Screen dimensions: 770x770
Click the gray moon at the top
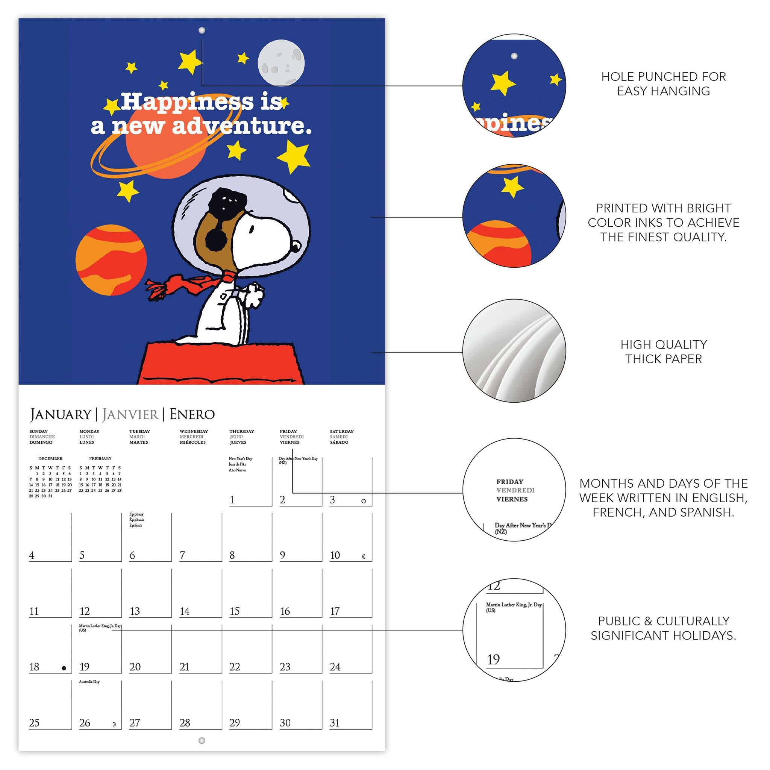click(x=281, y=62)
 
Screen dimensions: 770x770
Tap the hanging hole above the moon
click(x=202, y=30)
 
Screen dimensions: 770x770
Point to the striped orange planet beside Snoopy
click(x=111, y=260)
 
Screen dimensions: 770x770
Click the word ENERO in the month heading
click(x=192, y=414)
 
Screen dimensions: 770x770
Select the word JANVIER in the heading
click(x=130, y=414)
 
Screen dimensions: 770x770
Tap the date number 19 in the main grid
click(x=85, y=667)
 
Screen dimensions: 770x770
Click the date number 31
click(x=335, y=723)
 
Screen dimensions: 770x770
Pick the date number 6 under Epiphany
click(x=132, y=555)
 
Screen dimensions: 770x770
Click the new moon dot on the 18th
click(x=64, y=668)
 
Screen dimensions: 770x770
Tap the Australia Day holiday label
click(x=89, y=682)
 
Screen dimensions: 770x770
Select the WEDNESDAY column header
click(x=194, y=431)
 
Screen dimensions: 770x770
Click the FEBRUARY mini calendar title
click(x=100, y=459)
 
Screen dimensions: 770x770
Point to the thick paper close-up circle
click(x=514, y=351)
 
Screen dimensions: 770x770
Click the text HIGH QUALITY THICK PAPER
click(x=664, y=352)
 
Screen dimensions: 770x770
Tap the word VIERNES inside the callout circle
click(x=512, y=499)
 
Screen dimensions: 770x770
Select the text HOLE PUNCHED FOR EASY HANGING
click(x=664, y=84)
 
